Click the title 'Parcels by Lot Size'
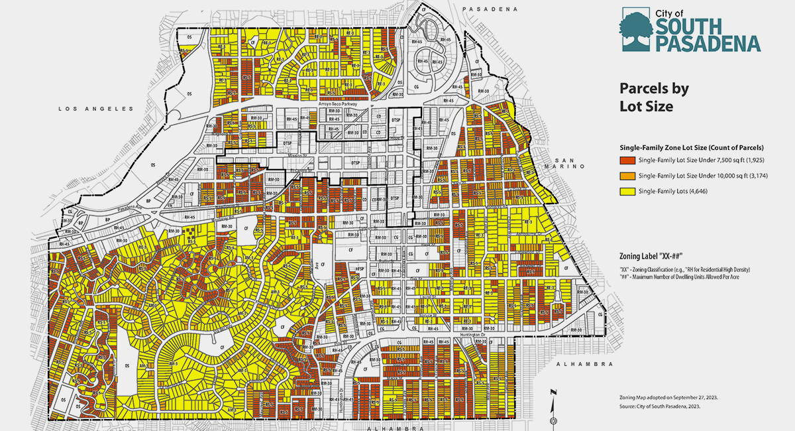click(654, 97)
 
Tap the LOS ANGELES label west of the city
click(95, 108)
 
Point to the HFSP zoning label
click(360, 267)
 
